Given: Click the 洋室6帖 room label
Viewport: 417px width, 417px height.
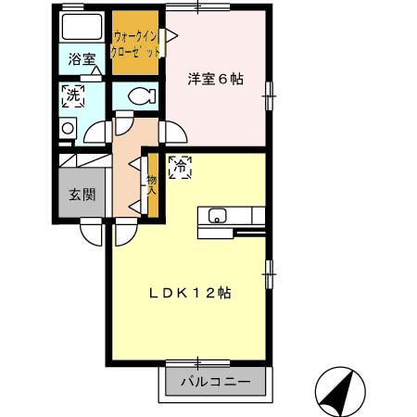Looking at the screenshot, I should point(215,80).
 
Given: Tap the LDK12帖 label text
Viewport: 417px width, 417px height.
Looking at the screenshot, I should point(191,293).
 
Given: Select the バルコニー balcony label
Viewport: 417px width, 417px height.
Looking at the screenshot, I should point(215,382).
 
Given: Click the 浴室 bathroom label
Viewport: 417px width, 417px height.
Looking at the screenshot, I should point(81,59).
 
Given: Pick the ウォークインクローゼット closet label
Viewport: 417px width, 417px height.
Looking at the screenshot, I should point(134,45).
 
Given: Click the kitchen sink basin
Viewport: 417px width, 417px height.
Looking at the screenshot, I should point(217,216).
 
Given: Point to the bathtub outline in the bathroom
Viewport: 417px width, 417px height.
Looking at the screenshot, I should point(82,28).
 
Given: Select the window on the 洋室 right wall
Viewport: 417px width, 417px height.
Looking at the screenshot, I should point(269,91).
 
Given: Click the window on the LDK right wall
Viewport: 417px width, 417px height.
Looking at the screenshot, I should point(269,271).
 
